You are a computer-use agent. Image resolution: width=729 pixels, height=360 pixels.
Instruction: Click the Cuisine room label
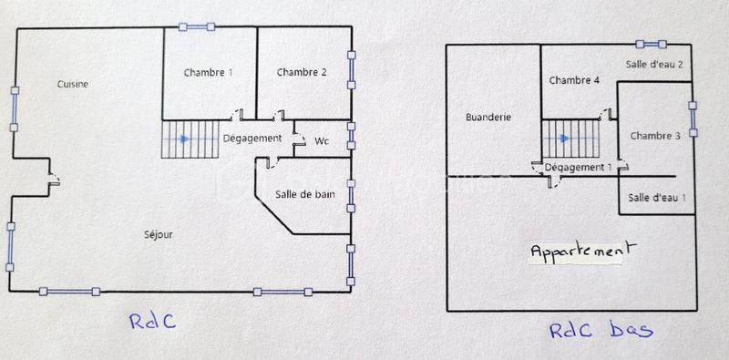72,84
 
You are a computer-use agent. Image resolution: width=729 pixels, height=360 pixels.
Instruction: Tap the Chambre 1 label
208,72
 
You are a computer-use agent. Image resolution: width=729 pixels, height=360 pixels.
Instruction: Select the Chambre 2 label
302,72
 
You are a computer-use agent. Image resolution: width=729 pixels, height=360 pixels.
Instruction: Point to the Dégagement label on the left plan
252,138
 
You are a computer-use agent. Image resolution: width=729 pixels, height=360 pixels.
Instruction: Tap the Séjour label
159,234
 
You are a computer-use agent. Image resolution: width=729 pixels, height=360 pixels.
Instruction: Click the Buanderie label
488,117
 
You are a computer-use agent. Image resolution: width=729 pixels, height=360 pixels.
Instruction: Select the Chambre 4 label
574,80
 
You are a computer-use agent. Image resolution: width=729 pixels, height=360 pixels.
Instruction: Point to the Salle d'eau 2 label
654,64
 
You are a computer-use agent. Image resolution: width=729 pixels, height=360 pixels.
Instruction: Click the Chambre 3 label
655,136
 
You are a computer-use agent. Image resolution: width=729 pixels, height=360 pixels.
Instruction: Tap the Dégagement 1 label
578,167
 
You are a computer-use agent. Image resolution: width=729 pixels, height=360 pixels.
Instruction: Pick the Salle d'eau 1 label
656,197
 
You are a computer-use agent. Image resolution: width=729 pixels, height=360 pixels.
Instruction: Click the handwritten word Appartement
582,249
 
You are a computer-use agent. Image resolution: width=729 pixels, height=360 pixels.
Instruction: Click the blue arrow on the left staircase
185,139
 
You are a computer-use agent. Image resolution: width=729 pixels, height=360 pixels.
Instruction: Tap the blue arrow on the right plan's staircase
564,138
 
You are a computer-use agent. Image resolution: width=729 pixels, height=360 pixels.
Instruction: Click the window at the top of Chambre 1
197,26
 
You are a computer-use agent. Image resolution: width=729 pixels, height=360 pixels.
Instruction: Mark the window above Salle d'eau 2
652,43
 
